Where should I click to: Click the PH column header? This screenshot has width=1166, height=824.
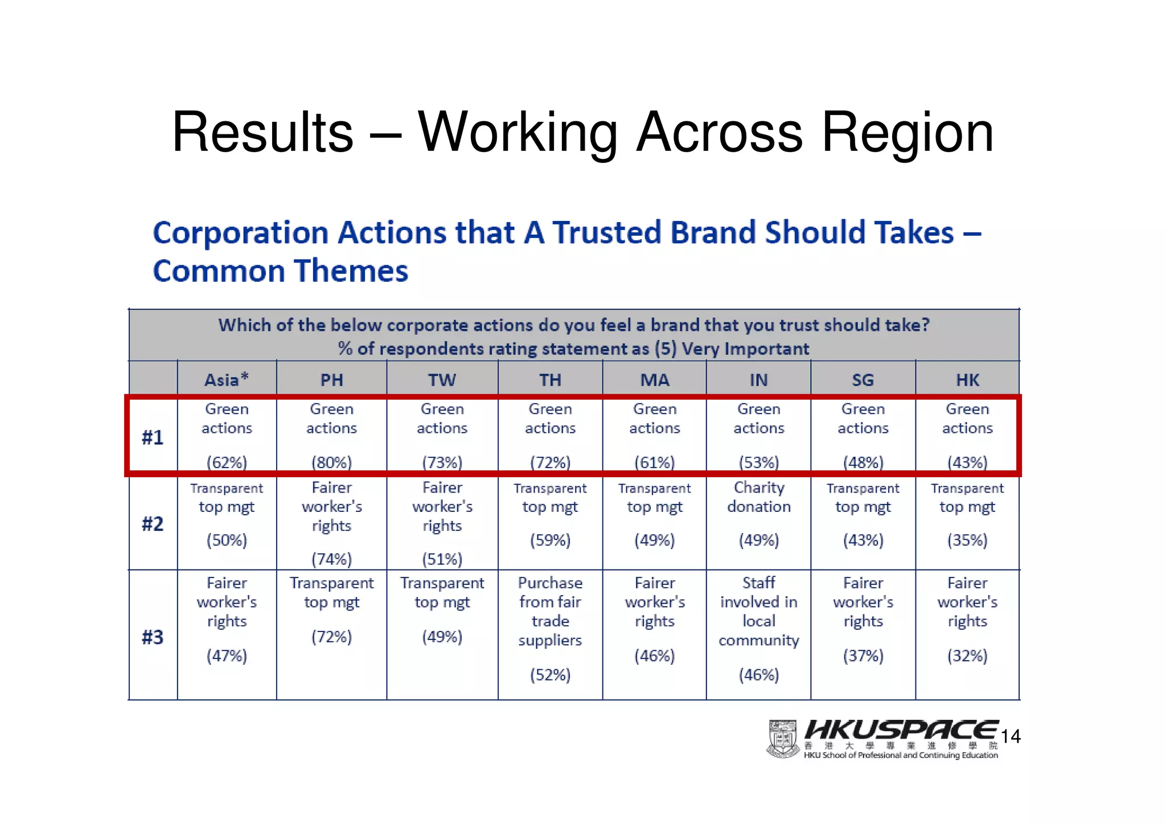tap(331, 379)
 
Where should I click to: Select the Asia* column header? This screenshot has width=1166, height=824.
tap(227, 379)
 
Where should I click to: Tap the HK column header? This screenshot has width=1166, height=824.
tap(967, 379)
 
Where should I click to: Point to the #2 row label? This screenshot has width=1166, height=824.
tap(153, 523)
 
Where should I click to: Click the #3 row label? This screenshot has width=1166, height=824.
tap(153, 637)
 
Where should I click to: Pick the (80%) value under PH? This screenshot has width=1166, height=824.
tap(331, 462)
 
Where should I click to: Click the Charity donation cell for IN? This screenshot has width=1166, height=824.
tap(759, 497)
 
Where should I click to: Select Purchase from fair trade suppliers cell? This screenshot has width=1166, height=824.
tap(550, 611)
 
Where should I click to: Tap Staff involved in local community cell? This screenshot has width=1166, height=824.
tap(759, 611)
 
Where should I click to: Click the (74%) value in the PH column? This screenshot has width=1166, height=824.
tap(331, 559)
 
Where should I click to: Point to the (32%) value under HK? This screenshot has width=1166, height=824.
tap(967, 655)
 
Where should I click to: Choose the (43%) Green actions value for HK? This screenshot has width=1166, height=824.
tap(967, 462)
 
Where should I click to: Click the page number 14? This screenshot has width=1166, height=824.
tap(1011, 736)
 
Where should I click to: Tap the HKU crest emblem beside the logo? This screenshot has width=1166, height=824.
tap(783, 739)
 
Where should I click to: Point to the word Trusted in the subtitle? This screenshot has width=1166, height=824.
tap(606, 233)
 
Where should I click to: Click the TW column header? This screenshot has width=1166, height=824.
tap(442, 379)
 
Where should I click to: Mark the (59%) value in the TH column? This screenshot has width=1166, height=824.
tap(550, 540)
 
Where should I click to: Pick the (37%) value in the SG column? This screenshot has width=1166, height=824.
tap(863, 655)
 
